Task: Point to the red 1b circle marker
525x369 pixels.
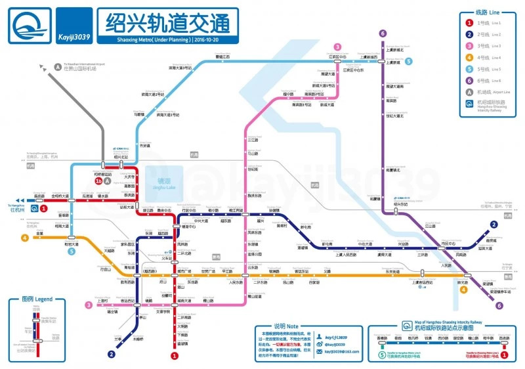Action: tap(98, 181)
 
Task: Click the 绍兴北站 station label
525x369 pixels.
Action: tap(121, 158)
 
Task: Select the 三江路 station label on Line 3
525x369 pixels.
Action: tap(253, 140)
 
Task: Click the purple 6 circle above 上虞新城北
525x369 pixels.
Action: tap(383, 34)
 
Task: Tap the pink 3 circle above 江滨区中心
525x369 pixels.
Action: tap(337, 47)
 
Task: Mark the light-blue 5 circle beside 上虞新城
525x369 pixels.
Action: tap(409, 62)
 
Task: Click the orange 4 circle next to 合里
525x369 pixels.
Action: tap(25, 238)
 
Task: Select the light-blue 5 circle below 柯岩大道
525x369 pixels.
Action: tap(72, 251)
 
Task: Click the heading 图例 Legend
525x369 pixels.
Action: tap(37, 299)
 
